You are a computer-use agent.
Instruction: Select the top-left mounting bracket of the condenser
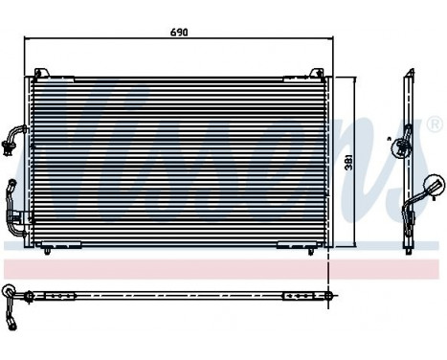tap(41, 73)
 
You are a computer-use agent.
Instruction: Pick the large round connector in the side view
tap(432, 185)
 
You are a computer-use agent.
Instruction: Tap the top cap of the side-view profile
tap(409, 73)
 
